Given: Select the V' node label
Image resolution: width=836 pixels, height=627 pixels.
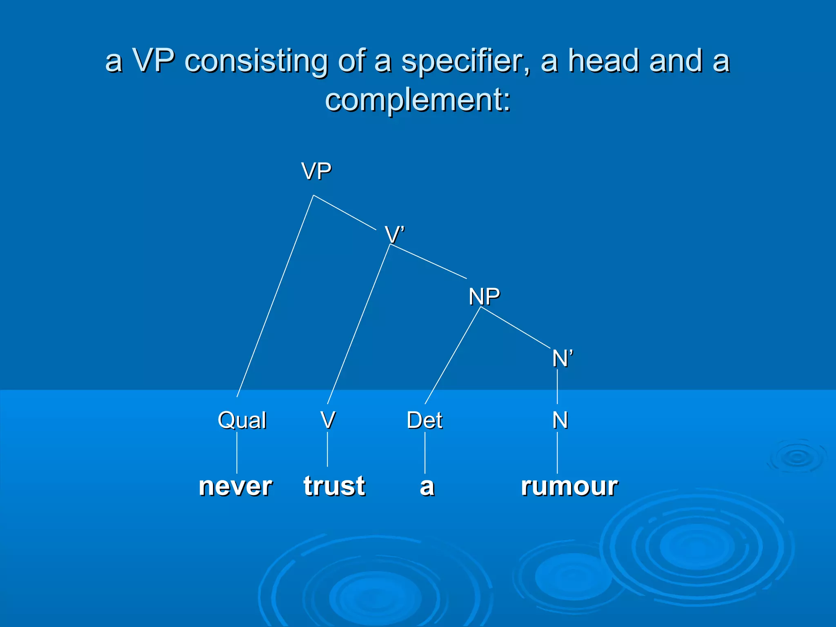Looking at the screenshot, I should pos(394,235).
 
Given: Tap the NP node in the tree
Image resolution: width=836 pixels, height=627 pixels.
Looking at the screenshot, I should pos(484,296).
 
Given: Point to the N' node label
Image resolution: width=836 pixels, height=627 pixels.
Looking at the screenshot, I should pos(563,358).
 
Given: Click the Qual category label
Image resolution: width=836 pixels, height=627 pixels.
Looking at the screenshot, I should pos(242,420).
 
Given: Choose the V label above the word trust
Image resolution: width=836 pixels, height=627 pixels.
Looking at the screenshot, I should pos(328,420).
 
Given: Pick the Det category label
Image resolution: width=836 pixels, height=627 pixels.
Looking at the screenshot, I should pos(425,420).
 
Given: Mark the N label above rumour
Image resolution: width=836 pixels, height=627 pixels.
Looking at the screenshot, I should pos(560,420).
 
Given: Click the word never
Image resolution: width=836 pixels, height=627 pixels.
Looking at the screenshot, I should pos(236,486).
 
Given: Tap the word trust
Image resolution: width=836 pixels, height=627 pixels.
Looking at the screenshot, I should pos(334,486).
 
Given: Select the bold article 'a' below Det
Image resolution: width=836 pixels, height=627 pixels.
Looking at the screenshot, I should pos(427,487).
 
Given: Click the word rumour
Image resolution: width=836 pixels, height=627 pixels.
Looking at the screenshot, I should pos(569,486).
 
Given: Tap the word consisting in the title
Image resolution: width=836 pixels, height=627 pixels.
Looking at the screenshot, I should pos(256,61).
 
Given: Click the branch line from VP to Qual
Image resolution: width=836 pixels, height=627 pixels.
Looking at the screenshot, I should pos(275,296).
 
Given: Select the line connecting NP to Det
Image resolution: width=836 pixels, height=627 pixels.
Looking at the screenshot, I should pos(453,355).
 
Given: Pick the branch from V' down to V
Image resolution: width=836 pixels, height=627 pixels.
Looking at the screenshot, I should pos(359,324).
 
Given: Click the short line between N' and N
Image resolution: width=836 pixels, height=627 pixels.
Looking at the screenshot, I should pos(557,386).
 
